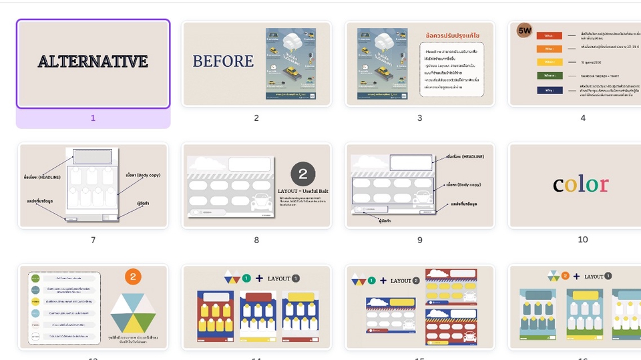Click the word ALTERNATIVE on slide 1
tap(93, 62)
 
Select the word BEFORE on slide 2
tap(223, 61)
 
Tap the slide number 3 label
tap(419, 118)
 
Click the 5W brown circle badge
tap(525, 30)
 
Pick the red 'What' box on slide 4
tap(549, 36)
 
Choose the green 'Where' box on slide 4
tap(549, 75)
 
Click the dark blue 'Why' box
tap(549, 89)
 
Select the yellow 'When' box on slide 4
tap(549, 62)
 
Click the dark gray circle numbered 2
tap(302, 174)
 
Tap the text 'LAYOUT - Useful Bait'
tap(303, 191)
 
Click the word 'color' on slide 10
tap(580, 184)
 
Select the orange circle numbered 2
tap(132, 277)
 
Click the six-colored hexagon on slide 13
tap(132, 313)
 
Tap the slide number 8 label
tap(256, 240)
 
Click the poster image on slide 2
tap(290, 64)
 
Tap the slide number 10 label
tap(582, 239)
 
